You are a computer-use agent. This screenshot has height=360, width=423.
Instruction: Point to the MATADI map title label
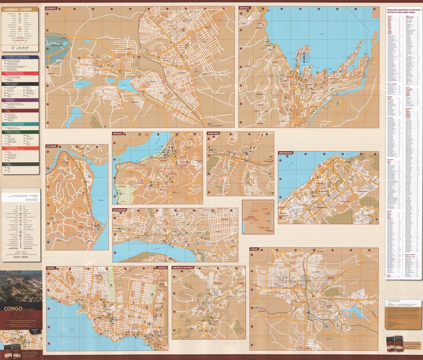(117, 133)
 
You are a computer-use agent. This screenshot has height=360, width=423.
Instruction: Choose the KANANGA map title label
(213, 133)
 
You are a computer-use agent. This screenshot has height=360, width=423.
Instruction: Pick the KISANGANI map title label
(120, 210)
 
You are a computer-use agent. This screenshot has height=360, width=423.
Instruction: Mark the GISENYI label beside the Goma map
(161, 268)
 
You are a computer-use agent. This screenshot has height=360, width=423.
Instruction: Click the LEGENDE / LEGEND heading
(19, 9)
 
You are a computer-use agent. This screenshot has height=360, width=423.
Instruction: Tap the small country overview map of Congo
(258, 217)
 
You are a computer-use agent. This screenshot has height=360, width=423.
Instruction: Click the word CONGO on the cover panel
(13, 309)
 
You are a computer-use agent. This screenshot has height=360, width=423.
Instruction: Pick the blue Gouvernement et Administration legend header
(20, 57)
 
